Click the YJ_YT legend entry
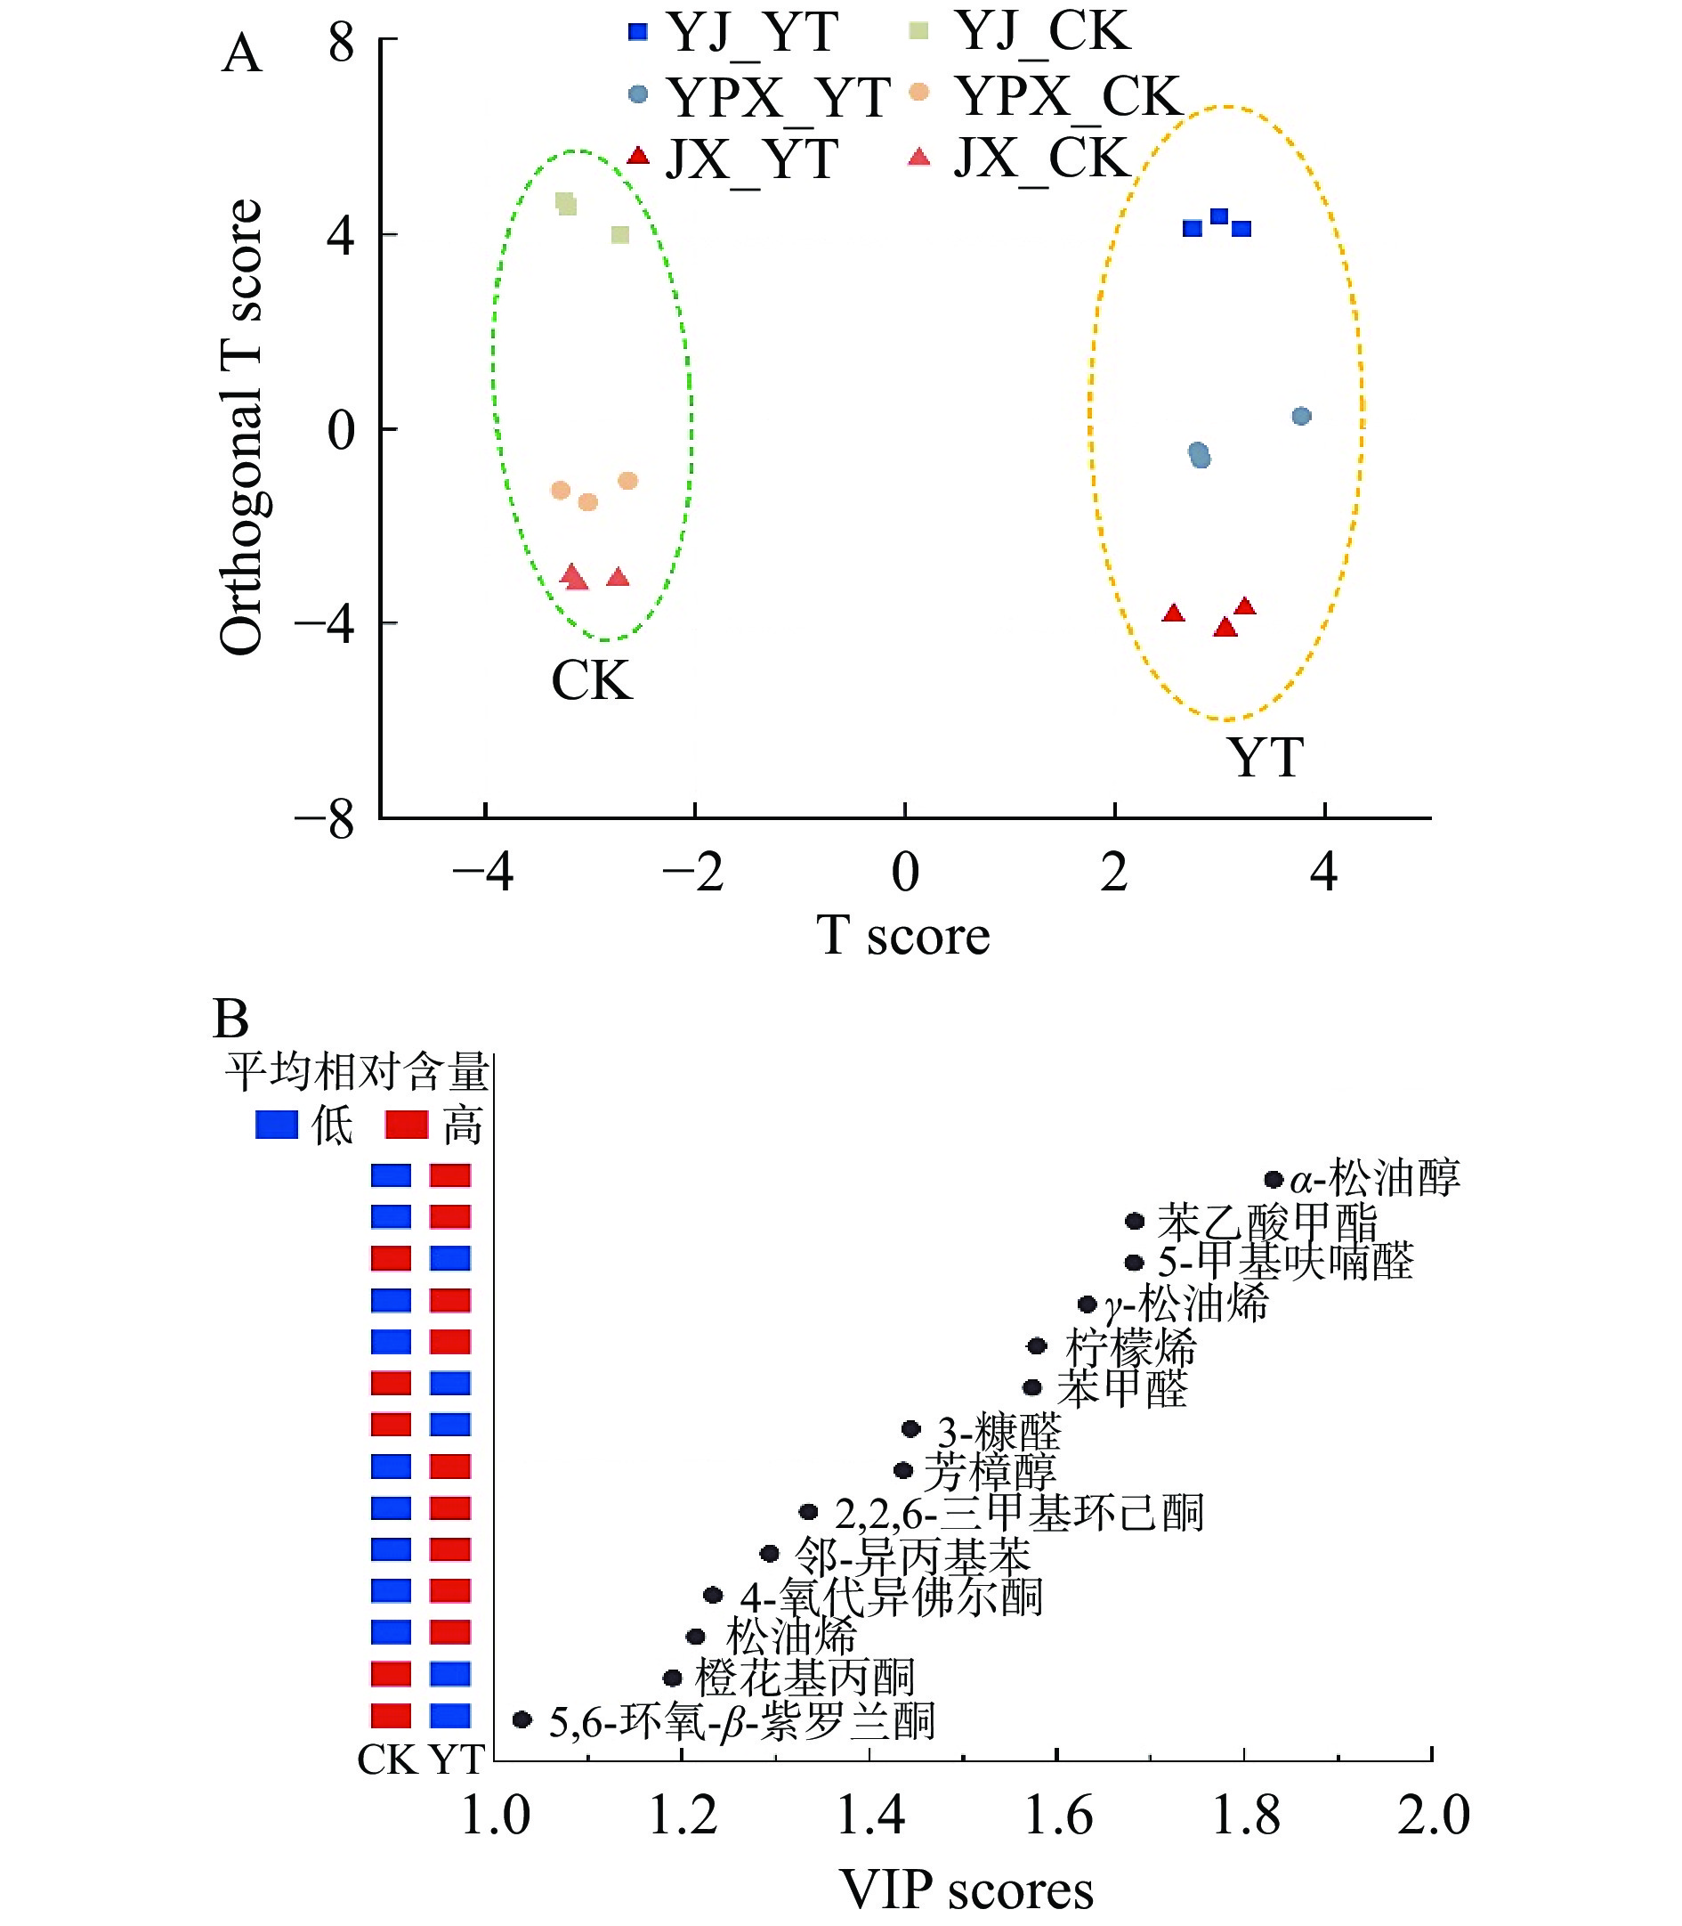[x=732, y=32]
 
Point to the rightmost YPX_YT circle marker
[x=1301, y=416]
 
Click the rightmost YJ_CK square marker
[x=620, y=235]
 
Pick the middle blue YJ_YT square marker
[x=1219, y=217]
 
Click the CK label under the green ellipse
[x=591, y=681]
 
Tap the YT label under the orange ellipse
[x=1266, y=757]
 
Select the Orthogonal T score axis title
[x=241, y=427]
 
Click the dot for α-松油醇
[x=1274, y=1180]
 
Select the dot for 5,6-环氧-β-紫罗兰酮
[x=522, y=1719]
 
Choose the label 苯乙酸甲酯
[x=1266, y=1222]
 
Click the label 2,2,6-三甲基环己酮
[x=1018, y=1513]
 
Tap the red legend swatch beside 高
[x=408, y=1125]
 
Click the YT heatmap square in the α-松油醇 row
[x=450, y=1175]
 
